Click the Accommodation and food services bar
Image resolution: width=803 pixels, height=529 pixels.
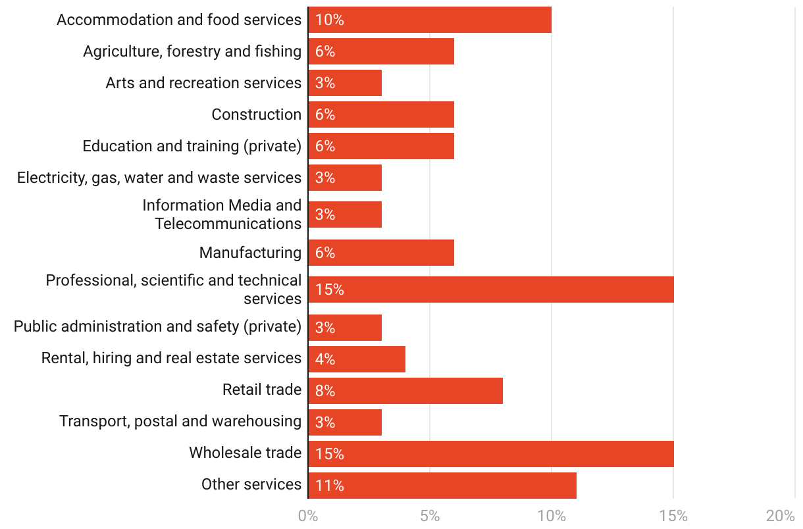click(430, 20)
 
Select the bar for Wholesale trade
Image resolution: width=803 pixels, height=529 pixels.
click(491, 454)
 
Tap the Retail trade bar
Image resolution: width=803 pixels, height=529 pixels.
click(405, 391)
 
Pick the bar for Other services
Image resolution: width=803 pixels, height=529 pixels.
click(442, 486)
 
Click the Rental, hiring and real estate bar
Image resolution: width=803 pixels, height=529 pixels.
click(357, 359)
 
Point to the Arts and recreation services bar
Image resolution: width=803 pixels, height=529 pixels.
click(345, 83)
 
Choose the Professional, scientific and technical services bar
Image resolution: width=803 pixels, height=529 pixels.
click(491, 290)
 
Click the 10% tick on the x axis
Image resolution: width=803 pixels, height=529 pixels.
click(552, 516)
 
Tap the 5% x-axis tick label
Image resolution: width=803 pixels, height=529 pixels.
click(430, 516)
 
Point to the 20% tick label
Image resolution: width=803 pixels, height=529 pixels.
click(781, 516)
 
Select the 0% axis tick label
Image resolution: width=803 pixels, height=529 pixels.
click(308, 516)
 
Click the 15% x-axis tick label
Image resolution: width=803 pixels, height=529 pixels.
click(673, 516)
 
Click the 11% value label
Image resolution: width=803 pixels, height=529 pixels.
click(329, 486)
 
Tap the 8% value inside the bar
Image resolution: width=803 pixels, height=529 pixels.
click(325, 391)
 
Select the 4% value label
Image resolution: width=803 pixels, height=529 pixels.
click(325, 359)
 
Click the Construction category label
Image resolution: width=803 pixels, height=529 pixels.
click(256, 114)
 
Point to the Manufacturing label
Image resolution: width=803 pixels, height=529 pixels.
click(250, 253)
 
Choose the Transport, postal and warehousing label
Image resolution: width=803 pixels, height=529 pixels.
click(180, 421)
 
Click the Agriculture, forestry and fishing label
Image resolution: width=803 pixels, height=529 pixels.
click(192, 51)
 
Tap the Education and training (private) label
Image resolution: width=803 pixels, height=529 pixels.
click(192, 146)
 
